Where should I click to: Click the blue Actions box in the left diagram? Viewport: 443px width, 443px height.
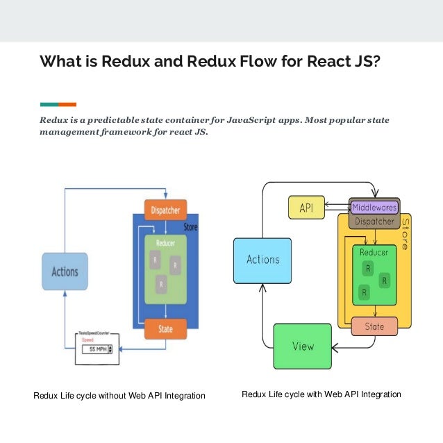(65, 271)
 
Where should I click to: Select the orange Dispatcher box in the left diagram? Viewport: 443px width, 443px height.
(165, 209)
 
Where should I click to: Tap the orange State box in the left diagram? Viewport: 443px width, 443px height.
(165, 329)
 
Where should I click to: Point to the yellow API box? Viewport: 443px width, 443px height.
(306, 208)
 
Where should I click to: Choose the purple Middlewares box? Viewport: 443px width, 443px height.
(374, 207)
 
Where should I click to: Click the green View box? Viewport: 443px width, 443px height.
(302, 346)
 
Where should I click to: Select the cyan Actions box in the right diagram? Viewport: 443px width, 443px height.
(262, 260)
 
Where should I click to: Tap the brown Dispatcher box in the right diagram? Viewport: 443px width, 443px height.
(374, 222)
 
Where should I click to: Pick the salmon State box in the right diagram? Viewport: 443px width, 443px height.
(374, 326)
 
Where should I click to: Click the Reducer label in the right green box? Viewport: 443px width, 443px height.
(374, 253)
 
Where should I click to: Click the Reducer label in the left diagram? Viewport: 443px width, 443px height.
(165, 244)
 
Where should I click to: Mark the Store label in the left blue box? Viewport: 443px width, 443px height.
(190, 227)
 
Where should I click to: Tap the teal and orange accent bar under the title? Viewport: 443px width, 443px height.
(58, 104)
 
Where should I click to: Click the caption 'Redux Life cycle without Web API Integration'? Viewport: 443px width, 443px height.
(119, 396)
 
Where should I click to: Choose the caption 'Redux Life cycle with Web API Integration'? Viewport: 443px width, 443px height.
(321, 394)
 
